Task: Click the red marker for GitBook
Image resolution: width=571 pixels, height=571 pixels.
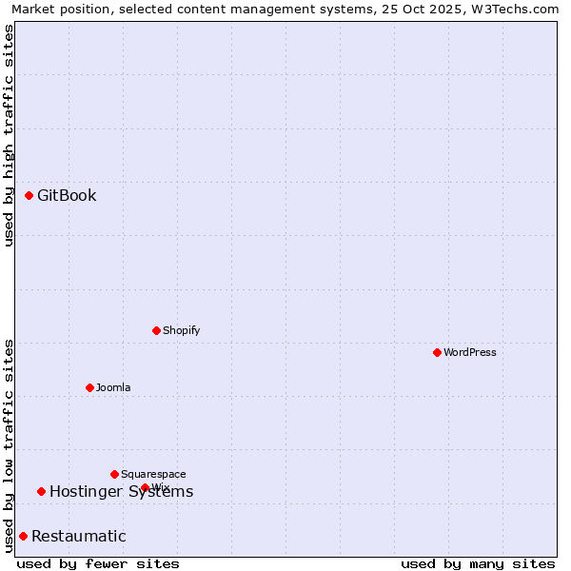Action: pyautogui.click(x=29, y=195)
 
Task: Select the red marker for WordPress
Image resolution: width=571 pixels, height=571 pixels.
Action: pyautogui.click(x=437, y=352)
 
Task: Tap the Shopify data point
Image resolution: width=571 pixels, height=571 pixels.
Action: pyautogui.click(x=156, y=330)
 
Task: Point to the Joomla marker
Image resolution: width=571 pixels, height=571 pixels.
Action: pyautogui.click(x=89, y=387)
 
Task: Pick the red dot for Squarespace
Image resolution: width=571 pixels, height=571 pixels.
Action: pyautogui.click(x=114, y=474)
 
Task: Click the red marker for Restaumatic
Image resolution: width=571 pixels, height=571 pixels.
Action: pyautogui.click(x=23, y=536)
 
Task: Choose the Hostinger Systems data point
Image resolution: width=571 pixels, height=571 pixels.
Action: pyautogui.click(x=41, y=491)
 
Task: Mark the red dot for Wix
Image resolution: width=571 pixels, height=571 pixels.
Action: pyautogui.click(x=145, y=487)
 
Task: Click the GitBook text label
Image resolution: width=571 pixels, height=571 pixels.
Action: pyautogui.click(x=67, y=195)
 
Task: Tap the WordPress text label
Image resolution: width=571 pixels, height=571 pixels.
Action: pyautogui.click(x=470, y=352)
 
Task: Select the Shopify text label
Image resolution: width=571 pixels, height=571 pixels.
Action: pyautogui.click(x=181, y=330)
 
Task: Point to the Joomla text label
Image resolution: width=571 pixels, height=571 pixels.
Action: pyautogui.click(x=113, y=387)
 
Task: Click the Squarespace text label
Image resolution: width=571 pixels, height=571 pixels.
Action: pyautogui.click(x=153, y=474)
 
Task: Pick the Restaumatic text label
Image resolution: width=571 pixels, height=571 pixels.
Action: pyautogui.click(x=78, y=536)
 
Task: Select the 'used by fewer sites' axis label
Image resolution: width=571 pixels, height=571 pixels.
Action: pyautogui.click(x=98, y=563)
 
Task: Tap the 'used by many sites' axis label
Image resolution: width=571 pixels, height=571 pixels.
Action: pyautogui.click(x=478, y=563)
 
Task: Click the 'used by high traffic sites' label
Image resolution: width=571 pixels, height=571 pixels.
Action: pyautogui.click(x=9, y=135)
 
